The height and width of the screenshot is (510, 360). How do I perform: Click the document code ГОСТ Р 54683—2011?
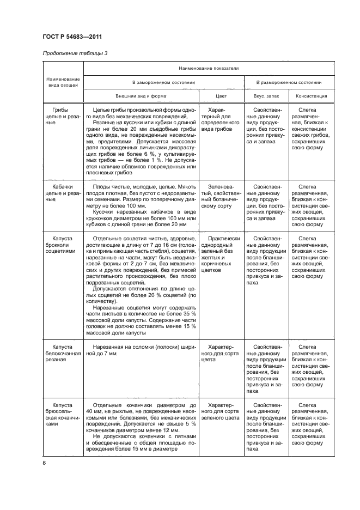tap(72, 37)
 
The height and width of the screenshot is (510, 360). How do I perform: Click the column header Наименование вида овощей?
tap(61, 82)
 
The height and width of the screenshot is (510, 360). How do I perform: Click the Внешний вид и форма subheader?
tap(140, 95)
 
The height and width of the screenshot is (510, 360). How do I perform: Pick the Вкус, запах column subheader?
tap(265, 95)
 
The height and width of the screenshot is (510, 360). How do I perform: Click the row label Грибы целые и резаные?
tap(61, 116)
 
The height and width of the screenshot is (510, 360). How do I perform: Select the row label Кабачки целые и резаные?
tap(61, 193)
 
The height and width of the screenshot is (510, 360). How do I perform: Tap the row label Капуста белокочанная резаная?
tap(61, 353)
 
